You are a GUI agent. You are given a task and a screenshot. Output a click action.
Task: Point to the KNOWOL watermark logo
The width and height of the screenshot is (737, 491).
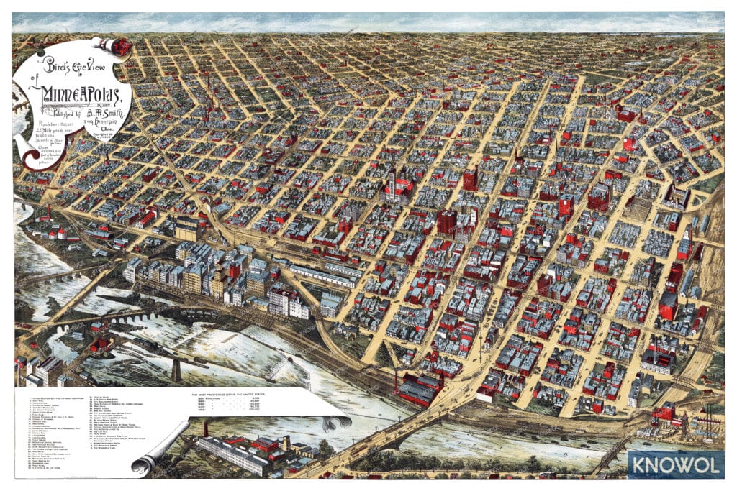point(675,464)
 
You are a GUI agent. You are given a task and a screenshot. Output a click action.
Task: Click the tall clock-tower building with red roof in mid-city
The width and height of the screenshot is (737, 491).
point(393,183)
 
